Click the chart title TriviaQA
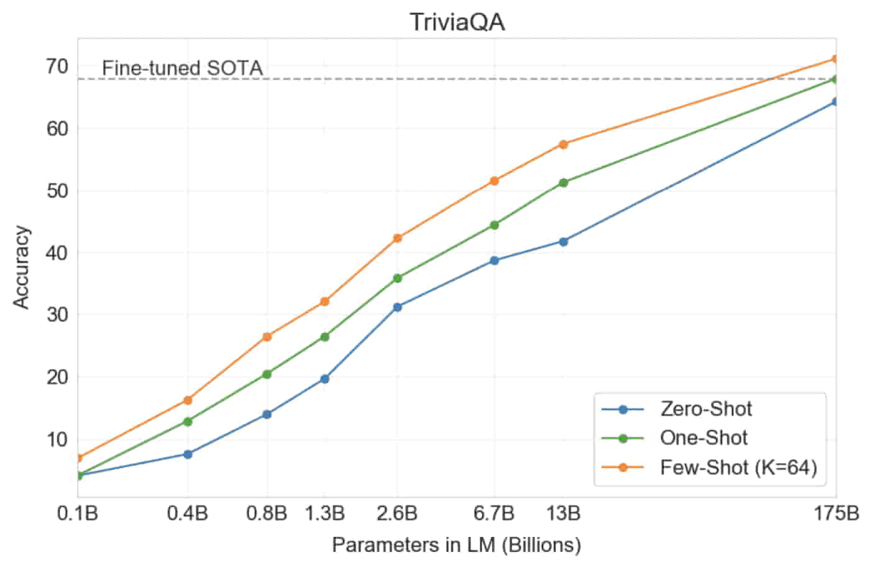click(x=457, y=22)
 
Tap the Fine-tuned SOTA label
click(x=182, y=68)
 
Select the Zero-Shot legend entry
click(x=706, y=409)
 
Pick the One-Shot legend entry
click(x=703, y=438)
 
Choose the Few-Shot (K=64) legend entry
click(x=738, y=467)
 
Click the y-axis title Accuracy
click(x=22, y=267)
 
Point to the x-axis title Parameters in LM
click(x=457, y=545)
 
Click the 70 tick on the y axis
click(x=56, y=66)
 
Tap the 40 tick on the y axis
click(x=56, y=253)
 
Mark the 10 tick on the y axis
click(x=56, y=439)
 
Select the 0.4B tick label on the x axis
click(x=188, y=514)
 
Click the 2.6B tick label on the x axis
click(x=398, y=514)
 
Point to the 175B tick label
click(x=836, y=514)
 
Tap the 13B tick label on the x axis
click(x=564, y=514)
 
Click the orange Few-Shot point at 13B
click(x=564, y=144)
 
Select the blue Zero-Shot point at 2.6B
click(x=398, y=307)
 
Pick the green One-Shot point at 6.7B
click(x=494, y=225)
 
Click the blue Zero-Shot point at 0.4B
click(x=188, y=454)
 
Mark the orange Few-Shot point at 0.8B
click(x=267, y=337)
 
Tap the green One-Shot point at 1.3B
click(x=324, y=337)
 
